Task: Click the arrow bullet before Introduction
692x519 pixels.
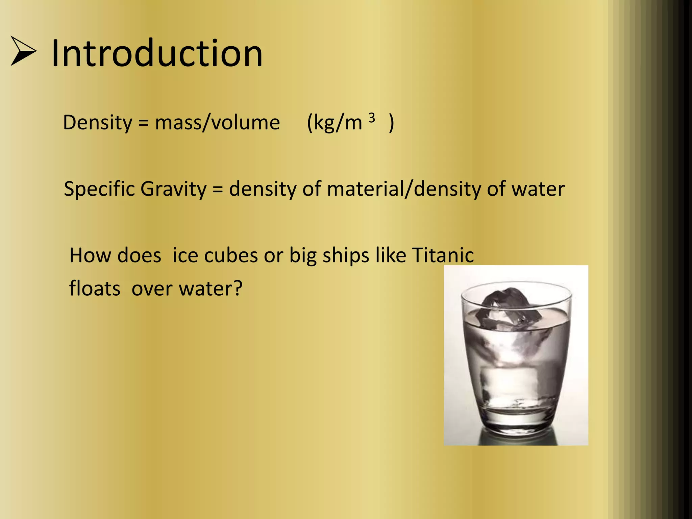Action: pos(23,51)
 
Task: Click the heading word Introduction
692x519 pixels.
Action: pos(157,53)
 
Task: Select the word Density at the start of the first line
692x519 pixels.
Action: pos(98,123)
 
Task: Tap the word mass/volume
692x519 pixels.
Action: pos(217,122)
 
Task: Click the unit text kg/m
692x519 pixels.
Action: pos(338,123)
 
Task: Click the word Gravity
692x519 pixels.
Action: pos(173,189)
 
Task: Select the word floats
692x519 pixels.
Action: pos(95,289)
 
